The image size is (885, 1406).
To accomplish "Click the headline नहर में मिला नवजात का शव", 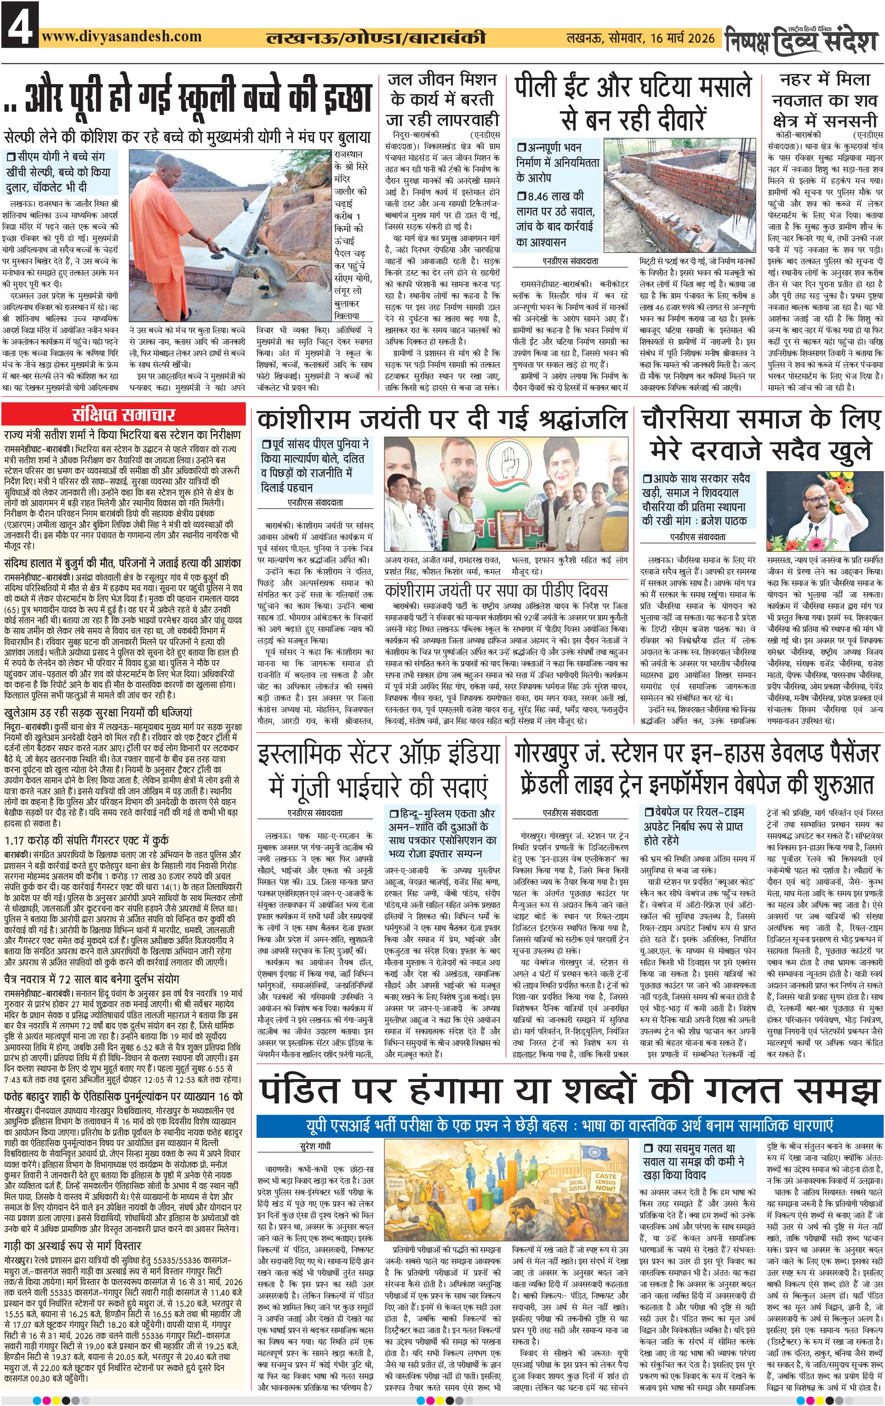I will click(825, 100).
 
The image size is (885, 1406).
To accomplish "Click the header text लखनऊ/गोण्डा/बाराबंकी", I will click(375, 39).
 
